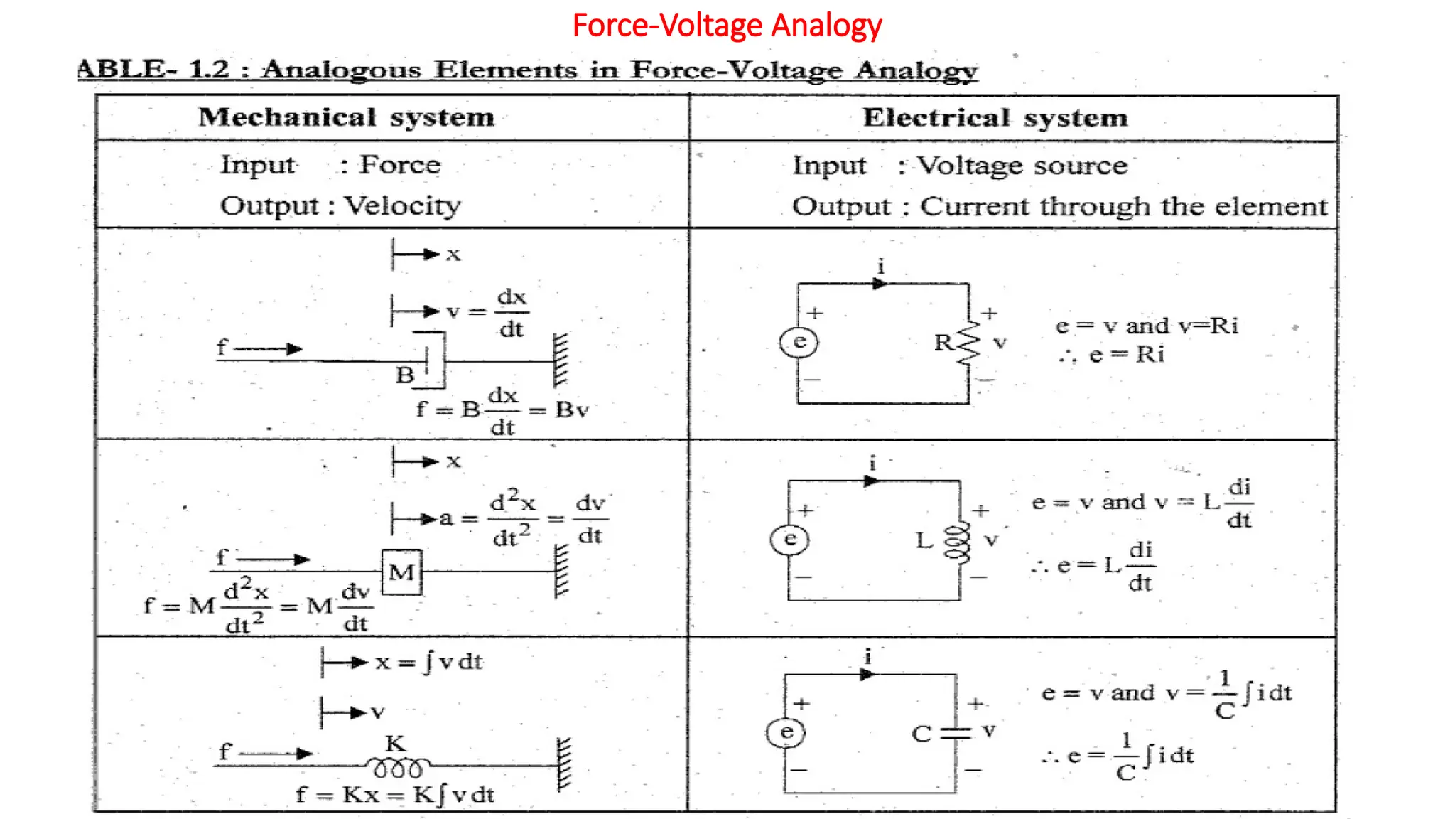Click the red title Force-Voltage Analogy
point(727,26)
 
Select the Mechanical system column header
point(346,117)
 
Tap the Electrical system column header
point(995,117)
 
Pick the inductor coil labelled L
point(958,542)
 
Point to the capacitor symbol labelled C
point(956,733)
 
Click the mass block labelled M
point(401,572)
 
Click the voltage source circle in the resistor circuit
point(799,342)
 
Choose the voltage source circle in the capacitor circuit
point(786,732)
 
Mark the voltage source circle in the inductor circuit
point(789,539)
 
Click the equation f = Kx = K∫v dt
point(395,794)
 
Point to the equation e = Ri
point(1127,354)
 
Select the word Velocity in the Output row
point(403,206)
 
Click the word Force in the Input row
point(400,165)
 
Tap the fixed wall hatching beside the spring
point(564,764)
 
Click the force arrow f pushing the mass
point(274,560)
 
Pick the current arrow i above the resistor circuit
point(880,284)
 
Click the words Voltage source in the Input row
point(1022,166)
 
